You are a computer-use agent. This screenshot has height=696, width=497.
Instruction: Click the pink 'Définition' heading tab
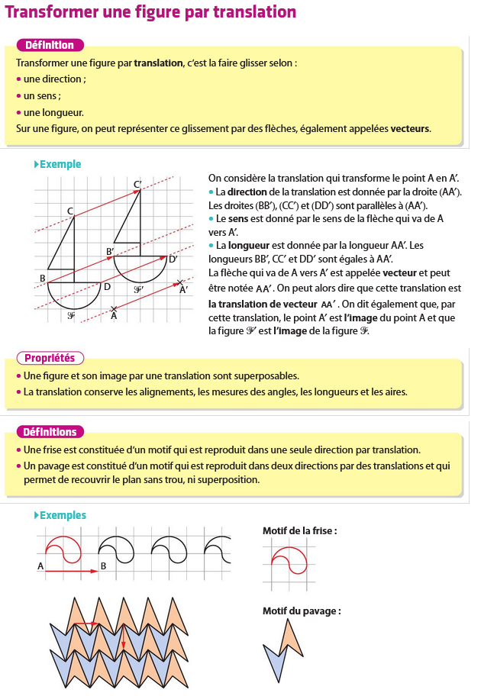pos(50,45)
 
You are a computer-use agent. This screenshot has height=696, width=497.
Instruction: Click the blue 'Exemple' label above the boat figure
pos(60,164)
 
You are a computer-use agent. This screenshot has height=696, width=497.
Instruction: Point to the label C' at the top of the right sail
pos(137,184)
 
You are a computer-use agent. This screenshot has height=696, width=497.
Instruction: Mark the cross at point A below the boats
pos(114,308)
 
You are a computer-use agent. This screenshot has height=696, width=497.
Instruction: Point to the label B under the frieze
pos(104,567)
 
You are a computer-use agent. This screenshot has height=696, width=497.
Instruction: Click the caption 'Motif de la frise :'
pos(299,530)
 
